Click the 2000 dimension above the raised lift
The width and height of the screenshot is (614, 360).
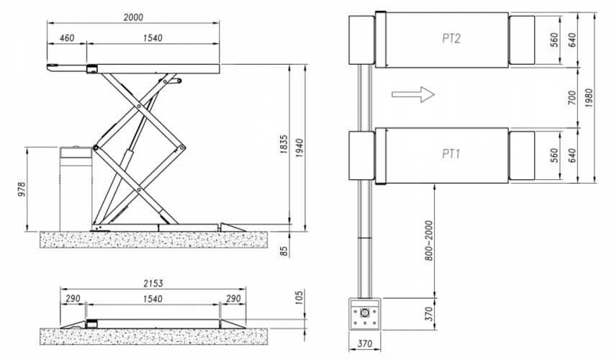133,17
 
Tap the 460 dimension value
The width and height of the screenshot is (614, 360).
67,38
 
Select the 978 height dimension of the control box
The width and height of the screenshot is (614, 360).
22,189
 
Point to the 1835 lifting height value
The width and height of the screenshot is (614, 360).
284,144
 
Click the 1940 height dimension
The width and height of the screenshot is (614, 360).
299,148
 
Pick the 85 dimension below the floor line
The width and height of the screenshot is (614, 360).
284,251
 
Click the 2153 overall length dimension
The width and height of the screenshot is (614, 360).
153,283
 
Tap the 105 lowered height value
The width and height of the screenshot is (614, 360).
299,297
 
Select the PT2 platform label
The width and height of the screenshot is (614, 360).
451,38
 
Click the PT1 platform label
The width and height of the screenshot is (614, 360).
451,154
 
